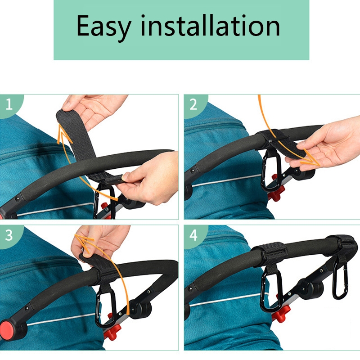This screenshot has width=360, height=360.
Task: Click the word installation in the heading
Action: click(210, 25)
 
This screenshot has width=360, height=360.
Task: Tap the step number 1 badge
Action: click(9, 104)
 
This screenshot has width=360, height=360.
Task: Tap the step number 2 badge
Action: click(193, 104)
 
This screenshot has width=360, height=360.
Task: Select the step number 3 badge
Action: click(9, 235)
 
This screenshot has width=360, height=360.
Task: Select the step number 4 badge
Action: click(193, 235)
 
